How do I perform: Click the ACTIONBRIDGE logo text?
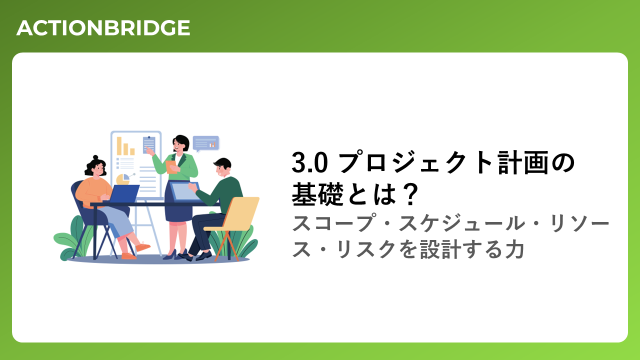[103, 28]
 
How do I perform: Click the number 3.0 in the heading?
[309, 162]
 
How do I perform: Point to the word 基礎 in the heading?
[317, 194]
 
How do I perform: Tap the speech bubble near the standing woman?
[205, 143]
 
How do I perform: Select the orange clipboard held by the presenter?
[171, 167]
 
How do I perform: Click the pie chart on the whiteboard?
[123, 179]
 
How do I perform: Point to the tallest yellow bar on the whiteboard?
[119, 146]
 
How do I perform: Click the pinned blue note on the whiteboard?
[149, 145]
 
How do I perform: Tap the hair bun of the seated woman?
[95, 157]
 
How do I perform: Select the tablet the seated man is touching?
[184, 191]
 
